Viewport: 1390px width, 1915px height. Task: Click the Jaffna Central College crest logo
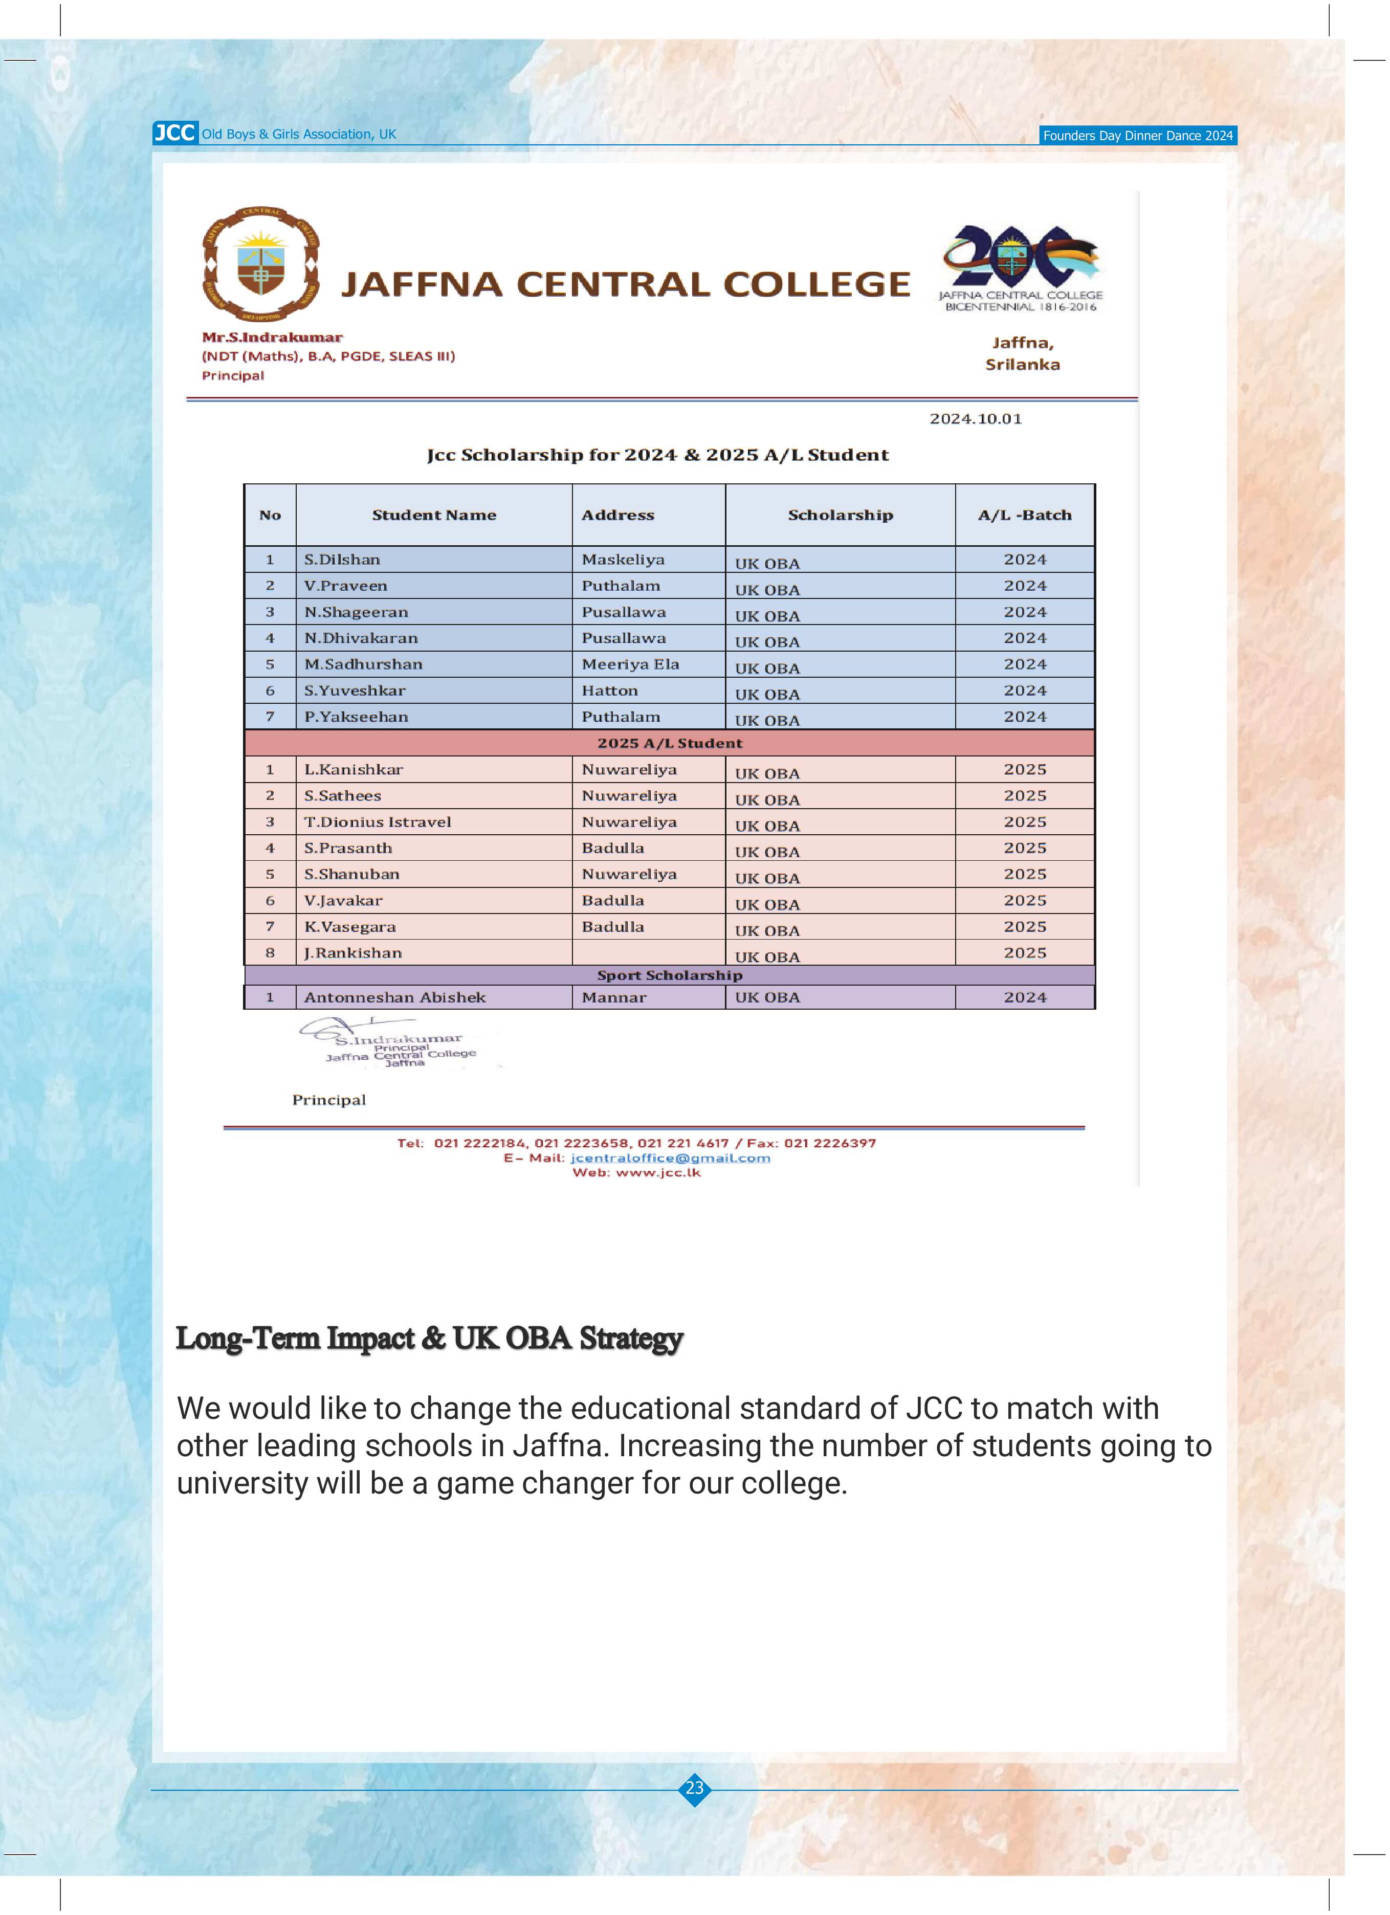(261, 264)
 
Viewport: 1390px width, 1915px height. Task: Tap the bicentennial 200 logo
(1021, 257)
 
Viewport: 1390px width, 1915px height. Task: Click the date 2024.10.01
(976, 419)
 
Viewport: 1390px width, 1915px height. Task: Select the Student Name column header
(434, 515)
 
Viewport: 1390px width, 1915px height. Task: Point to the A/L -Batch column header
(1024, 515)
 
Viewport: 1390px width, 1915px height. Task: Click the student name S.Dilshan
(342, 560)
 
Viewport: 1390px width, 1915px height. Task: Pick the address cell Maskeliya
(623, 560)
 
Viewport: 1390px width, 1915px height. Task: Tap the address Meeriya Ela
(630, 664)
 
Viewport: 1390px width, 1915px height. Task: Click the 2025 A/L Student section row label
(670, 743)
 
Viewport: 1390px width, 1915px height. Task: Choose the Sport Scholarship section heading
(670, 975)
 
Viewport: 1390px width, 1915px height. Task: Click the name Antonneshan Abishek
(394, 997)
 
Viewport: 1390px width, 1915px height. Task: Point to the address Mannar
(614, 997)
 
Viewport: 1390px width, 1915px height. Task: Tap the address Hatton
(610, 691)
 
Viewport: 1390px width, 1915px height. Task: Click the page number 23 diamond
(694, 1788)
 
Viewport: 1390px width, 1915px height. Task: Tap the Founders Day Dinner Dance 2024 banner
(1137, 135)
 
